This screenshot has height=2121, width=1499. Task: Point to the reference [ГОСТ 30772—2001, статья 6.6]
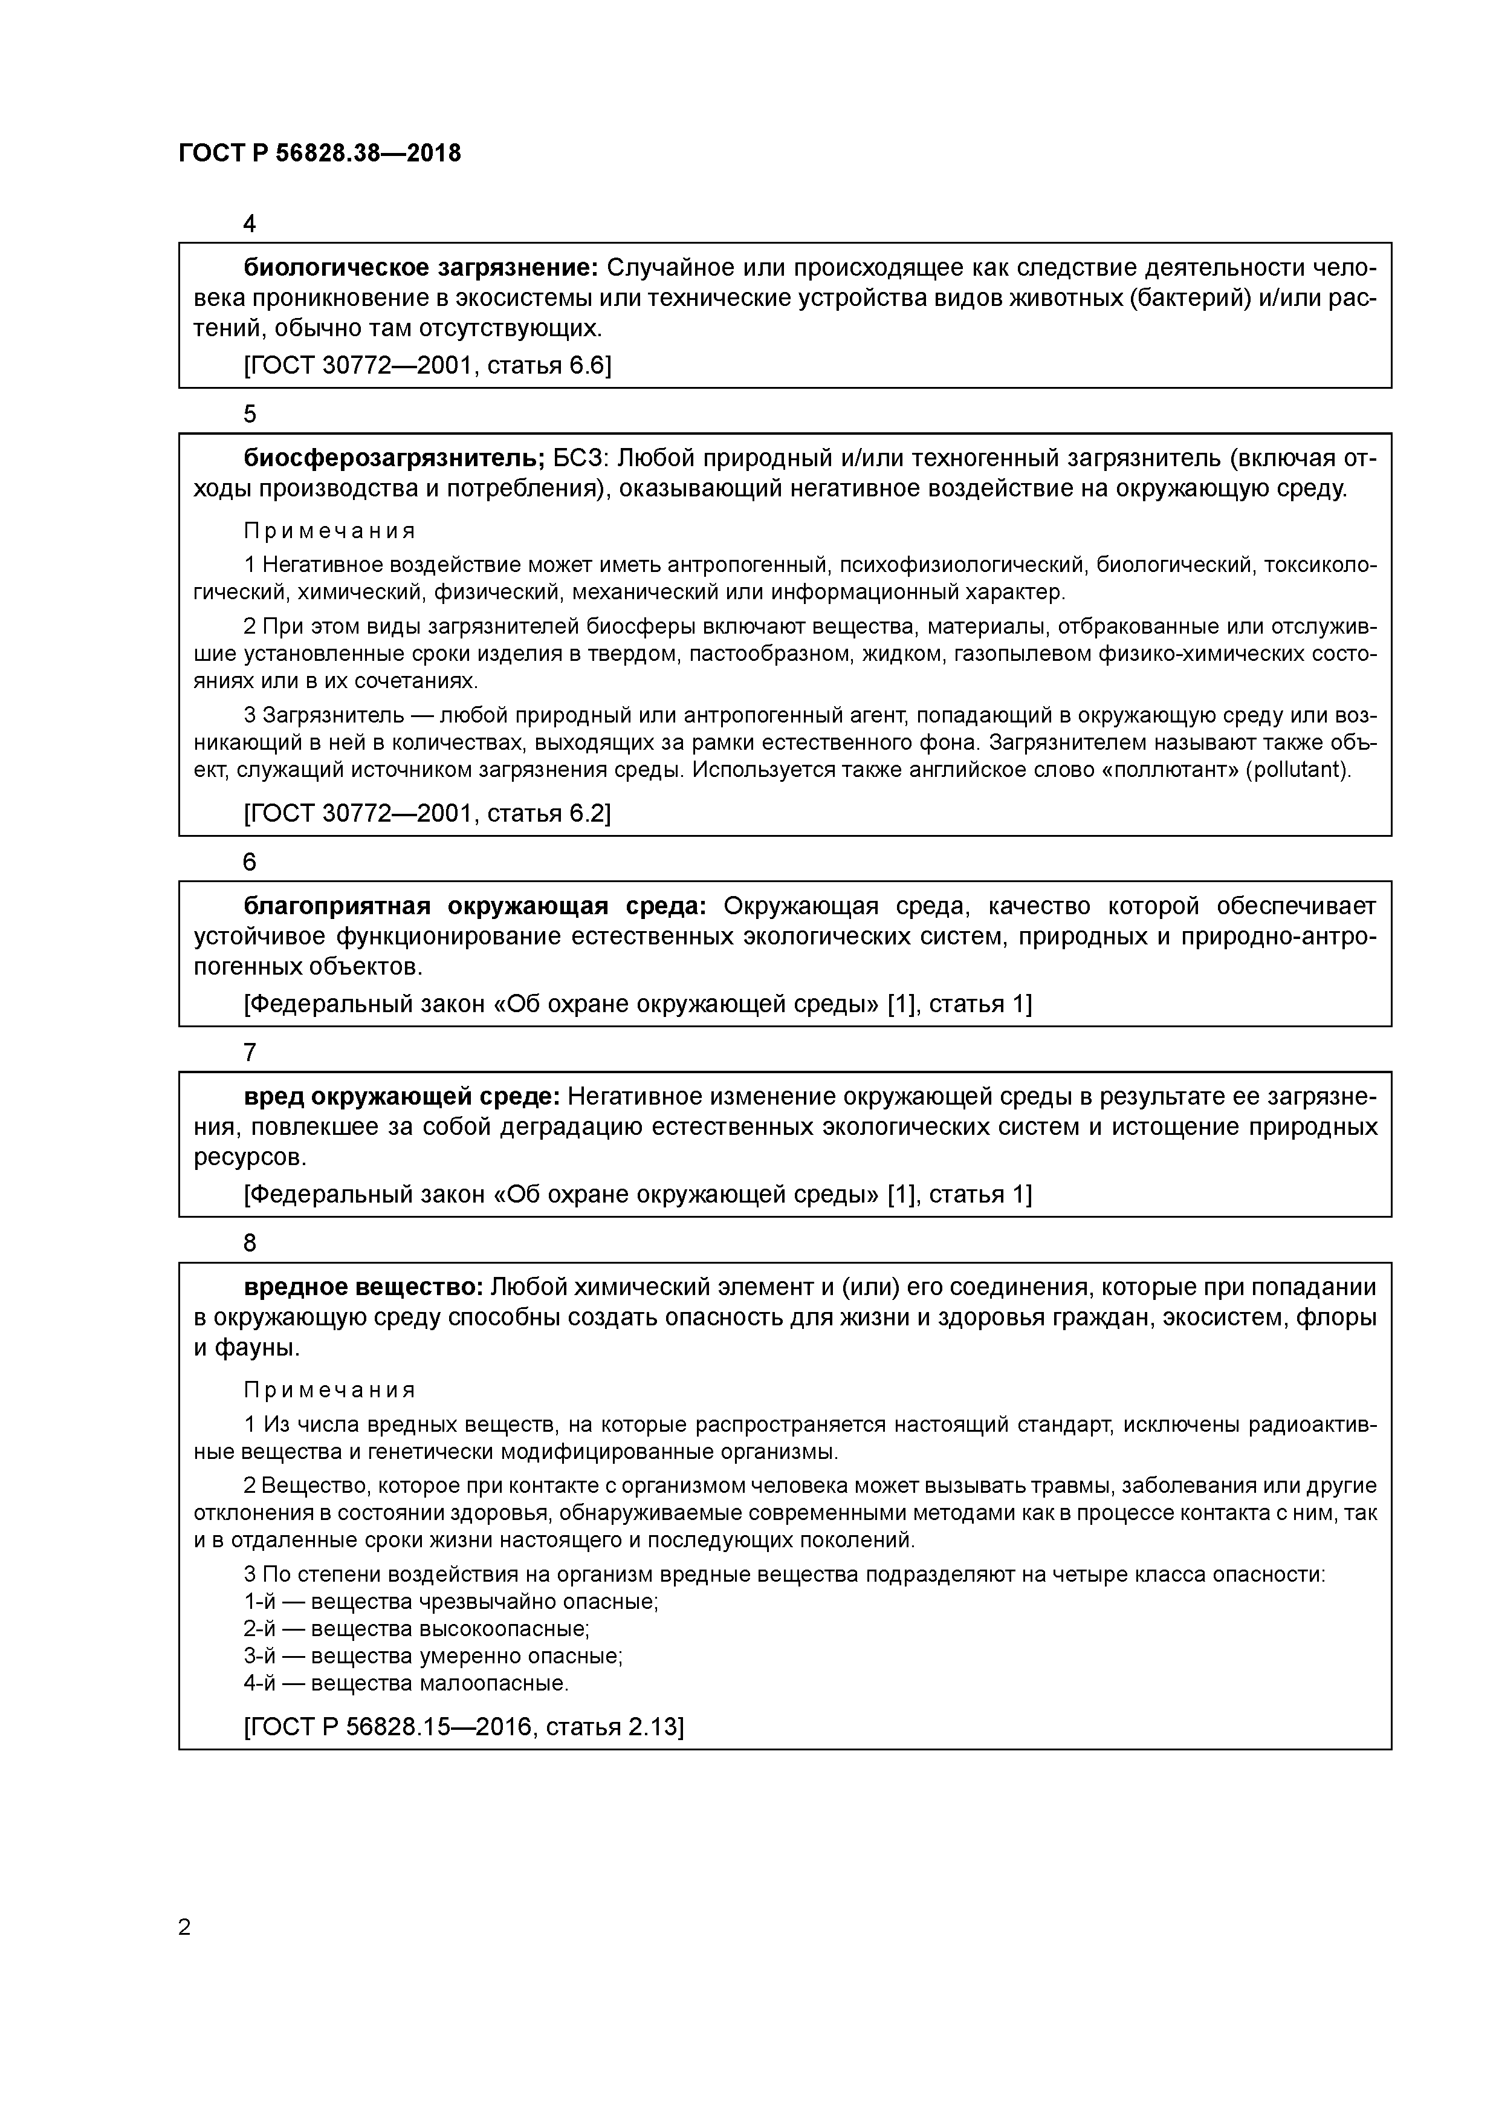pos(427,366)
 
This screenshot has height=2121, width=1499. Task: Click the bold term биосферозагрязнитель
pos(394,459)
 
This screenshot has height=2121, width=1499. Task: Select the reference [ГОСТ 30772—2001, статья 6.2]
pos(427,813)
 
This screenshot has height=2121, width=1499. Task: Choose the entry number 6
pos(250,862)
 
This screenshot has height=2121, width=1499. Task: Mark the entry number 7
pos(250,1052)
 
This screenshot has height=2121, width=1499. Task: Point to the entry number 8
pos(250,1244)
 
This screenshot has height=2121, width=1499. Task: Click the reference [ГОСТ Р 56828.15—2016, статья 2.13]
pos(464,1727)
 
